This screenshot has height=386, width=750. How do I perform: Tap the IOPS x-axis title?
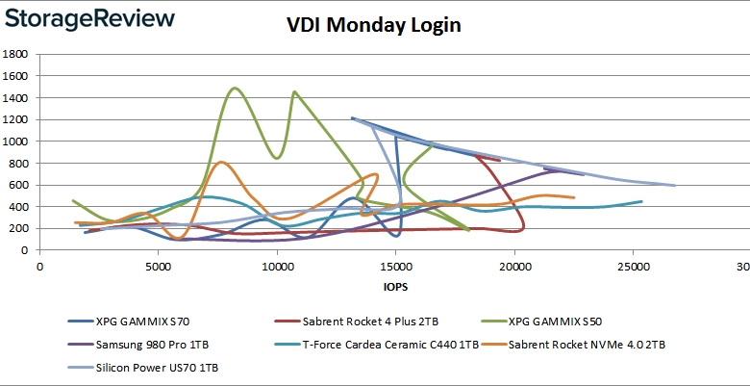pyautogui.click(x=393, y=286)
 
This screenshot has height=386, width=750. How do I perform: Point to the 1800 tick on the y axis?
pyautogui.click(x=17, y=54)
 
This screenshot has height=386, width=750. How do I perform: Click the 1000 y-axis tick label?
pyautogui.click(x=17, y=141)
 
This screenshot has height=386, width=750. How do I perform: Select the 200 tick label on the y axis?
pyautogui.click(x=20, y=228)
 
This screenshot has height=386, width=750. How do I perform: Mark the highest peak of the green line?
pyautogui.click(x=235, y=88)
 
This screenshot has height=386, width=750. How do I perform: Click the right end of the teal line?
pyautogui.click(x=641, y=201)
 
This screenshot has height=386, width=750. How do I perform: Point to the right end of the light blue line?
pyautogui.click(x=675, y=185)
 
